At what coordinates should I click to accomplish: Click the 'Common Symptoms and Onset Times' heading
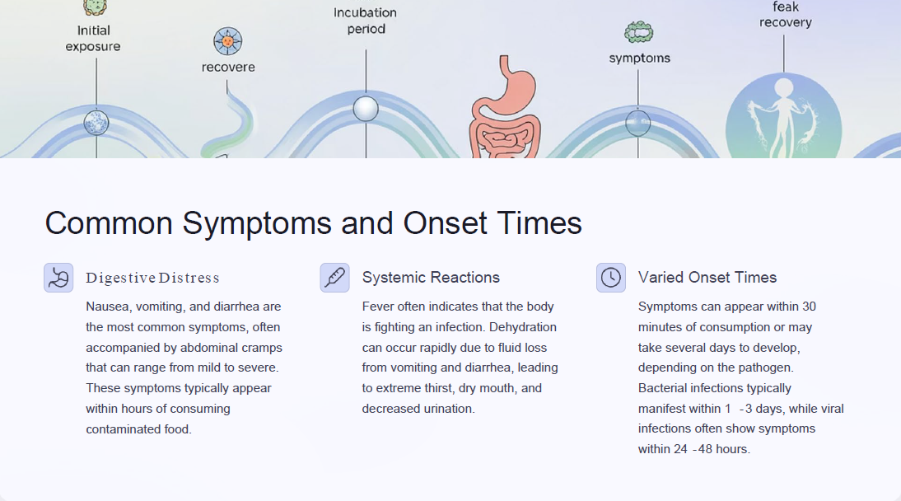[x=313, y=223]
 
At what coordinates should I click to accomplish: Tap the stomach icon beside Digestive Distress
[x=58, y=278]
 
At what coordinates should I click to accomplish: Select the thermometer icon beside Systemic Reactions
[x=335, y=278]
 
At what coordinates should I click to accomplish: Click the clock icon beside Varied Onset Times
[x=611, y=278]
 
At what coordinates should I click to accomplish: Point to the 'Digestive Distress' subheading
[x=153, y=278]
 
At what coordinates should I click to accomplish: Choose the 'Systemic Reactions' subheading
[x=431, y=277]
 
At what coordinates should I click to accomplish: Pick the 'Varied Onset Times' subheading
[x=707, y=277]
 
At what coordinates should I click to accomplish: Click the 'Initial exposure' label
[x=93, y=39]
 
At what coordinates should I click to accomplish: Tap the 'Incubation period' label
[x=366, y=21]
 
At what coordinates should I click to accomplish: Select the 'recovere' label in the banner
[x=228, y=68]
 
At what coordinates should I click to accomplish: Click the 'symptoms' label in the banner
[x=640, y=59]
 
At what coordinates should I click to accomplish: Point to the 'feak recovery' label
[x=786, y=15]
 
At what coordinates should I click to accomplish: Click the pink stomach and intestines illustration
[x=505, y=108]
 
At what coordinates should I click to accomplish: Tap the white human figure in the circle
[x=782, y=117]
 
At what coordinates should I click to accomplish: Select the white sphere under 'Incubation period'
[x=366, y=109]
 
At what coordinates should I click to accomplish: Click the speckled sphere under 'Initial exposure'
[x=96, y=123]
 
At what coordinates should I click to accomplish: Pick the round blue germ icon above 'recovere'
[x=228, y=41]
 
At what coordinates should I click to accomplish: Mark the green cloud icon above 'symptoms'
[x=639, y=32]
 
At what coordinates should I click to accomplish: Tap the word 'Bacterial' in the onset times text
[x=662, y=388]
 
